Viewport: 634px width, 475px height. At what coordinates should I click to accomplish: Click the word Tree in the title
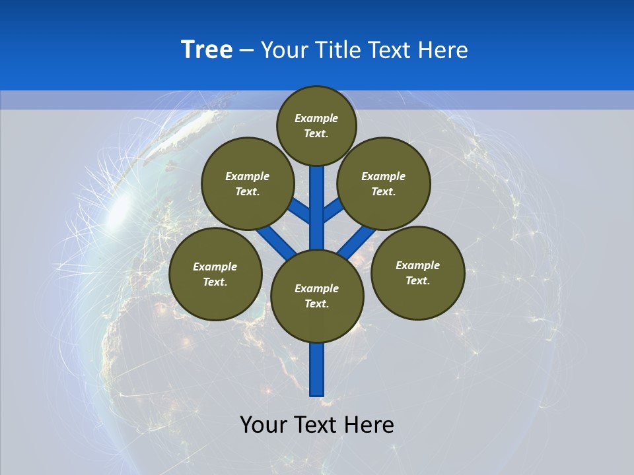click(x=206, y=50)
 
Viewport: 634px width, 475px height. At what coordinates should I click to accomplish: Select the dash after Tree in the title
click(x=246, y=51)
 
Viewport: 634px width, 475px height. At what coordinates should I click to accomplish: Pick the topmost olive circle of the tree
click(x=316, y=125)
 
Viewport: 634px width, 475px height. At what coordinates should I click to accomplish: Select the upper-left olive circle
click(x=247, y=183)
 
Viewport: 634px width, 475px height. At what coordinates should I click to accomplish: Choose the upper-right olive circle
click(x=384, y=183)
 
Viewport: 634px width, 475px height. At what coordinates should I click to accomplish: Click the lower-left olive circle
click(x=215, y=274)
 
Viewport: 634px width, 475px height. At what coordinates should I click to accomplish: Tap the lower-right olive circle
click(x=417, y=272)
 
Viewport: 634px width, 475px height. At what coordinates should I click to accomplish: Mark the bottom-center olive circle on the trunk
click(x=317, y=296)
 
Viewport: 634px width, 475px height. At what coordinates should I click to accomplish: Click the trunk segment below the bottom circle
click(x=317, y=369)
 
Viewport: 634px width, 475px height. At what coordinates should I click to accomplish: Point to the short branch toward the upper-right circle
click(x=333, y=211)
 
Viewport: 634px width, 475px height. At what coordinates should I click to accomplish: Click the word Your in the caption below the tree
click(x=264, y=424)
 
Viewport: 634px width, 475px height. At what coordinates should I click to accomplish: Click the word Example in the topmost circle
click(x=316, y=118)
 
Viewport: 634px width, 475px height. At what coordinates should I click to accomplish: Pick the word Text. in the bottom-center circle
click(x=316, y=304)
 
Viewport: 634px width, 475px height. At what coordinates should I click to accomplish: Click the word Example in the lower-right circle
click(x=417, y=265)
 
